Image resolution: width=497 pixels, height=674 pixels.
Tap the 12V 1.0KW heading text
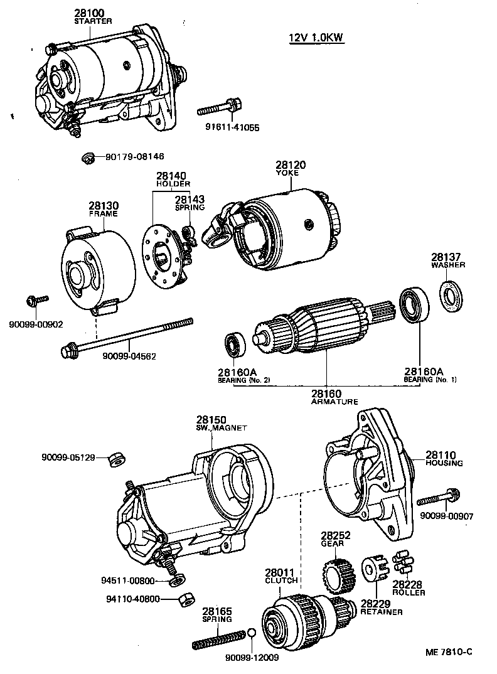click(316, 38)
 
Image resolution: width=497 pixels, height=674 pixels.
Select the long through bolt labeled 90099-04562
click(126, 336)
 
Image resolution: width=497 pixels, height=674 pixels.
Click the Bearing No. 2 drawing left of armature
click(234, 343)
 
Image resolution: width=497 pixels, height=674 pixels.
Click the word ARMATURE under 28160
click(334, 402)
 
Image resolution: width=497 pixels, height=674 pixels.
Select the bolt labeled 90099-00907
click(439, 499)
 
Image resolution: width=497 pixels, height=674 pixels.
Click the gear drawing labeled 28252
click(333, 571)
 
